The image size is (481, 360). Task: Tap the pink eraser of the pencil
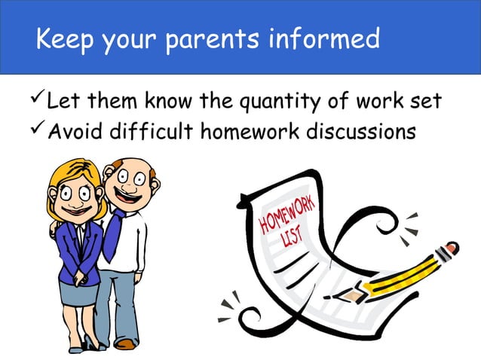coord(451,247)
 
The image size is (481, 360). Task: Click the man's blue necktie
coord(112,233)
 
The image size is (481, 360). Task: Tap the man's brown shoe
coord(127,344)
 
